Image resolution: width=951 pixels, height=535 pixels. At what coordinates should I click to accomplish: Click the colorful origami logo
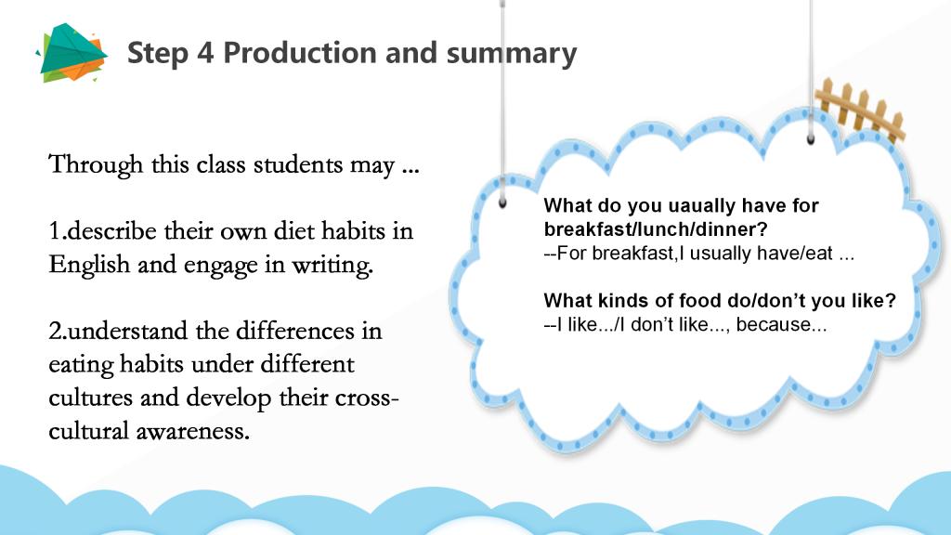(72, 53)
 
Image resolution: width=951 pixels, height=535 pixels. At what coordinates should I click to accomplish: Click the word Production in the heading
(300, 52)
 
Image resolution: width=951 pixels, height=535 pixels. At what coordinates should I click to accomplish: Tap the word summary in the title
(512, 54)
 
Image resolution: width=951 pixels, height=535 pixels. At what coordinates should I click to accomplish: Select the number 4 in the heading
(205, 53)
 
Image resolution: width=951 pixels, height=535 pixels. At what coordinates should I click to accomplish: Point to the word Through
(96, 165)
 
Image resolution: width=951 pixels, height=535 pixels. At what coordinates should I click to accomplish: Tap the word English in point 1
(89, 265)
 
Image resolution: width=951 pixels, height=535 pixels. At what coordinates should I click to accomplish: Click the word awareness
(193, 431)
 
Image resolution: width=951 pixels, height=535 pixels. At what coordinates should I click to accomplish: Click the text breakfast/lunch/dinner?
(656, 229)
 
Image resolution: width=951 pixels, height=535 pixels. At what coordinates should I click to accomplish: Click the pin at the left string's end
(502, 202)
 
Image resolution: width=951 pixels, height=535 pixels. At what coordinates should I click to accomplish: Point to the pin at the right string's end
(810, 139)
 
